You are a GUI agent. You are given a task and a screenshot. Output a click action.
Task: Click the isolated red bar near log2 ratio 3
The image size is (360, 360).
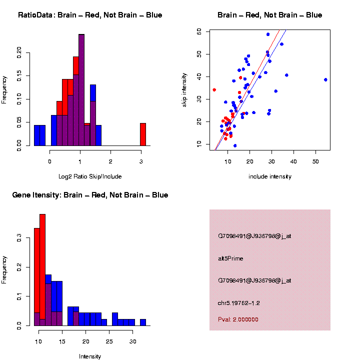[142, 134]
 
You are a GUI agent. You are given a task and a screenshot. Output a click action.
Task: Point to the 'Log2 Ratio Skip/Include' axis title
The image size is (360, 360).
[90, 176]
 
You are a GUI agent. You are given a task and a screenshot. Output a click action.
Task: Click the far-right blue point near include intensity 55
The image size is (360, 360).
[325, 79]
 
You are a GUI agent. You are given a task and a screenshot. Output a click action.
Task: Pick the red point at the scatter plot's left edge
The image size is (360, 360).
[214, 90]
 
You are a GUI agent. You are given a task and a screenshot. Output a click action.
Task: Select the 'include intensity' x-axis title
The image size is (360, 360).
[270, 176]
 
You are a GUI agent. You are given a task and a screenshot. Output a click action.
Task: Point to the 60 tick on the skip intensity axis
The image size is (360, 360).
[199, 31]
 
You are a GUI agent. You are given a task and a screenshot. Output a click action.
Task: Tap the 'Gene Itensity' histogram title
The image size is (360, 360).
[90, 195]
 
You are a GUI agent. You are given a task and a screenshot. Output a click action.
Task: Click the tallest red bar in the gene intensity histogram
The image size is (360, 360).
[42, 270]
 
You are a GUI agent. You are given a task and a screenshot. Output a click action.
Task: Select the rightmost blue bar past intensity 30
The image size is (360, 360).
[143, 322]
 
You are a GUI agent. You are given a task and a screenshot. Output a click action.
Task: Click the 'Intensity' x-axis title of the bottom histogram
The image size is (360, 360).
[90, 356]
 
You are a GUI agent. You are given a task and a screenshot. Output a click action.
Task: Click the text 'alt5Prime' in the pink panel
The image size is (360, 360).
[230, 258]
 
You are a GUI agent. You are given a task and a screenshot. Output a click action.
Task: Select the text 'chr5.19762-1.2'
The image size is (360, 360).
[238, 303]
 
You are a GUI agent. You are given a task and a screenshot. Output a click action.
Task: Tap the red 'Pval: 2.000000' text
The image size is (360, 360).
[238, 319]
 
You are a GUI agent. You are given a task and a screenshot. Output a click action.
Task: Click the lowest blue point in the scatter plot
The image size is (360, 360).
[235, 145]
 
